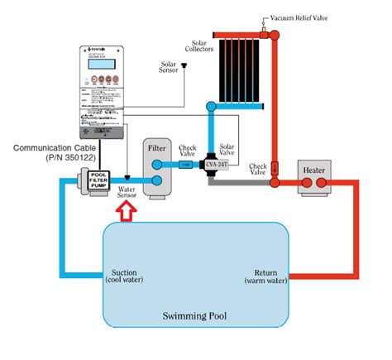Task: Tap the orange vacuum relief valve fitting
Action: (266, 32)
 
